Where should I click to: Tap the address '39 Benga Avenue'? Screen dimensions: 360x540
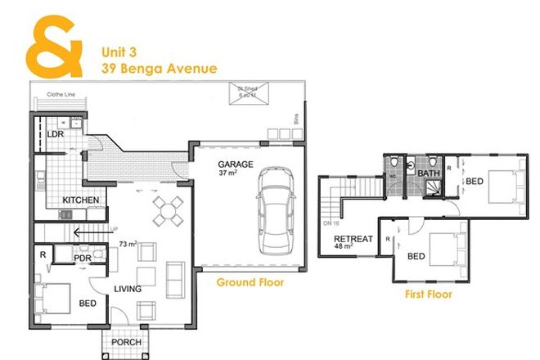(159, 69)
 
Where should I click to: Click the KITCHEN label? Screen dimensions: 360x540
(81, 200)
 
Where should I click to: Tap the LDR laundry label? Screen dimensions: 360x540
(56, 133)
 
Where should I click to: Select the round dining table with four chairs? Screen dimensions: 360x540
(169, 210)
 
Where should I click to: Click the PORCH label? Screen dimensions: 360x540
(127, 342)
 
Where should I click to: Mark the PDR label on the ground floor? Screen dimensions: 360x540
(82, 259)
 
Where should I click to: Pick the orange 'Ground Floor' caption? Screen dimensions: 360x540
(250, 282)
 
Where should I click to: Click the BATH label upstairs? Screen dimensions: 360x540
(429, 173)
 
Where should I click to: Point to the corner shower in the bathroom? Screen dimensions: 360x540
(431, 191)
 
